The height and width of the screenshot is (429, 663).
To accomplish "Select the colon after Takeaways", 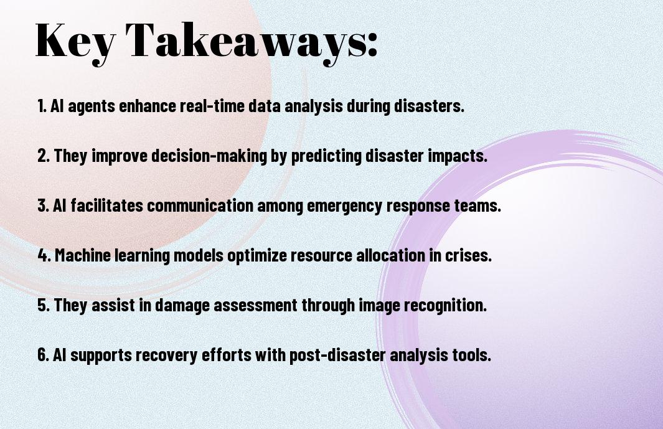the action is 372,44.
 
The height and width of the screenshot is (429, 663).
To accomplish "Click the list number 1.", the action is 42,106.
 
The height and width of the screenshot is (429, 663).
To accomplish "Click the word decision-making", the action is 209,156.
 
